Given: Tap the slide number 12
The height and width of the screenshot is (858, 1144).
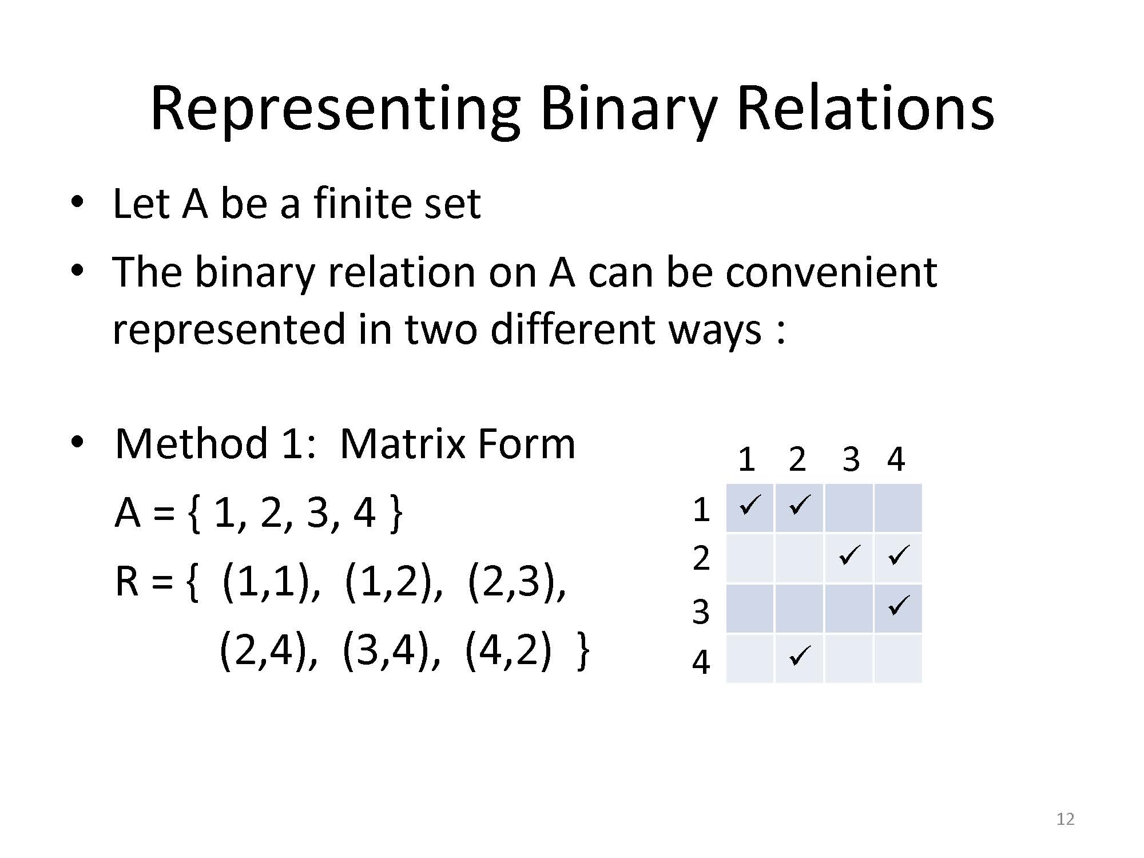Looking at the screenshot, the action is [1066, 819].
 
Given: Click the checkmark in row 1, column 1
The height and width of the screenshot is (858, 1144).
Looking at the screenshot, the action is [749, 505].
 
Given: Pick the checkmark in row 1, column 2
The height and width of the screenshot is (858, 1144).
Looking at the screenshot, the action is [799, 505].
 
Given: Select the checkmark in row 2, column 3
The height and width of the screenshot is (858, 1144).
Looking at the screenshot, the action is [849, 555].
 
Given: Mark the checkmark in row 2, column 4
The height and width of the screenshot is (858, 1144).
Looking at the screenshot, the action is [899, 555].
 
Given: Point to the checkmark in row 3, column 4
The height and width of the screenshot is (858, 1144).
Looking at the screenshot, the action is [899, 605].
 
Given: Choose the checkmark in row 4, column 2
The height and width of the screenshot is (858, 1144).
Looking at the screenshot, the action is [799, 656].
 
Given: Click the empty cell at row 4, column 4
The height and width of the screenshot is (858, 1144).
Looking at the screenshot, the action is [898, 658].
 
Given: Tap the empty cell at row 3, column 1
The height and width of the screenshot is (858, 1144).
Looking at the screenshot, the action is [749, 609].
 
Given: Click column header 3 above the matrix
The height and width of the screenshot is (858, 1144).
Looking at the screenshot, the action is [851, 459].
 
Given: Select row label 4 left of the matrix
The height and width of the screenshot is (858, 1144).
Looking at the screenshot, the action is [701, 662].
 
